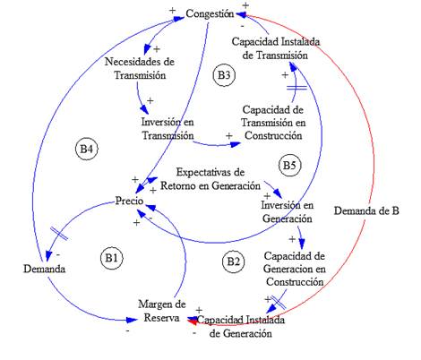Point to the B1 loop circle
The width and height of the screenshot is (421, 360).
[111, 259]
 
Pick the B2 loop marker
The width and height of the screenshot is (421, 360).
[233, 261]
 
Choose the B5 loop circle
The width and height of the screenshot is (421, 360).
[288, 165]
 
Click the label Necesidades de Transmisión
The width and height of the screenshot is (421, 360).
[139, 69]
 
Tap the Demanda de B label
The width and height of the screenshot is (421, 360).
[365, 211]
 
